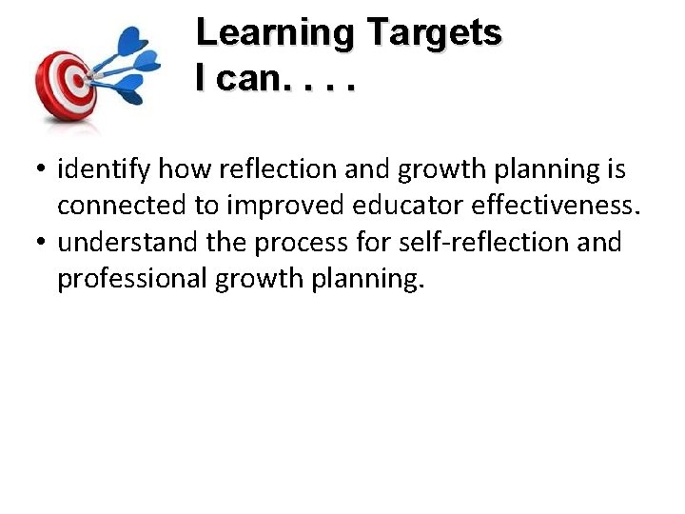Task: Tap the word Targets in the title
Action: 435,33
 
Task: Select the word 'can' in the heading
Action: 246,79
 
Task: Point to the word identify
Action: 104,169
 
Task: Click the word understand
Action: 128,242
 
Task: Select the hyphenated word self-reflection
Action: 484,242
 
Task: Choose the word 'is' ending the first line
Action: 616,169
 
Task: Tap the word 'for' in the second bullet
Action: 380,242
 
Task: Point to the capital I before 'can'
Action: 201,79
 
